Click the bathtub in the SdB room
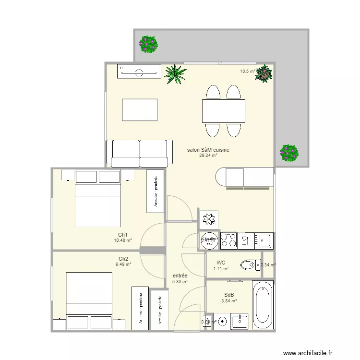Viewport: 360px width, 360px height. pyautogui.click(x=263, y=305)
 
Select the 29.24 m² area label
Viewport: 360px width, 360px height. pyautogui.click(x=208, y=156)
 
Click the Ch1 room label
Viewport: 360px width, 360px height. pyautogui.click(x=123, y=235)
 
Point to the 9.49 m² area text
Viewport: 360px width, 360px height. pyautogui.click(x=123, y=264)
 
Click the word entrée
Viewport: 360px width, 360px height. pyautogui.click(x=180, y=276)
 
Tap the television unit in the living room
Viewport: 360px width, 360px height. pyautogui.click(x=139, y=72)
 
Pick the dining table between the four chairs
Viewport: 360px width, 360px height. pyautogui.click(x=224, y=111)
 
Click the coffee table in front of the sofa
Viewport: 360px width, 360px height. pyautogui.click(x=140, y=110)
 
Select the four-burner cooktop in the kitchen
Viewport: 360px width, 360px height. pyautogui.click(x=228, y=240)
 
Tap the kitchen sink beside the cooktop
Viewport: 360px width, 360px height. pyautogui.click(x=264, y=240)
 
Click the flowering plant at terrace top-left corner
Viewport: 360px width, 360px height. pyautogui.click(x=148, y=44)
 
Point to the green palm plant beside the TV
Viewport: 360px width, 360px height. pyautogui.click(x=175, y=74)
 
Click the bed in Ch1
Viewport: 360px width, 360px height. pyautogui.click(x=98, y=204)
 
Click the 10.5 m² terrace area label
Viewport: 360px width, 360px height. pyautogui.click(x=247, y=72)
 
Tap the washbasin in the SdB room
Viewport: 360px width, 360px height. pyautogui.click(x=239, y=321)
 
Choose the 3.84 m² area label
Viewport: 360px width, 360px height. pyautogui.click(x=229, y=301)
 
